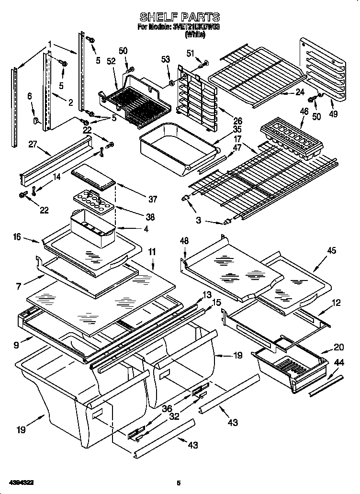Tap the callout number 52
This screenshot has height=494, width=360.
(111, 62)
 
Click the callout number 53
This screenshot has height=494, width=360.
(166, 59)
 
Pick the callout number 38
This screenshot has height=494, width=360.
(150, 217)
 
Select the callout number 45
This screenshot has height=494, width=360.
(331, 250)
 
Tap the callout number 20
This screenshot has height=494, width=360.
(338, 347)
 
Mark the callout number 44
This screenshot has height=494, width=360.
(338, 363)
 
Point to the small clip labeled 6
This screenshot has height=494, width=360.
(36, 120)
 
